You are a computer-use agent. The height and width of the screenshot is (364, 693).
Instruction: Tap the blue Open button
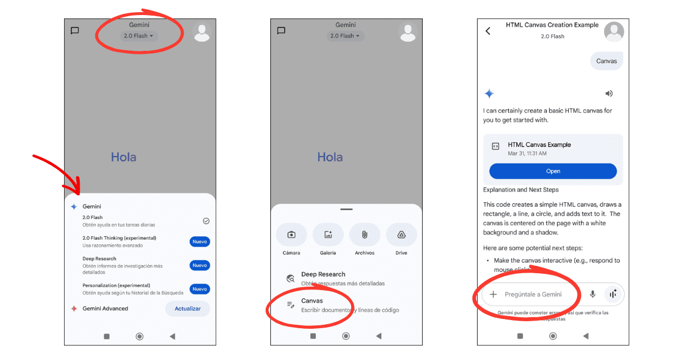pos(553,171)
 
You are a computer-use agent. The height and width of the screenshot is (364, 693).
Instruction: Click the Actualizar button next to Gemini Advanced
pos(188,309)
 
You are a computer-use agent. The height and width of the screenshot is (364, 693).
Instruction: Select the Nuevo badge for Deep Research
pos(200,265)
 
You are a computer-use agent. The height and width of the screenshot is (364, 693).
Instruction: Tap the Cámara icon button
pos(291,235)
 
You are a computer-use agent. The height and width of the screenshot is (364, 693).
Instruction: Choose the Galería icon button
pos(328,235)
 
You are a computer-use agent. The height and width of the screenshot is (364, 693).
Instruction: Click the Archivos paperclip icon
pos(364,235)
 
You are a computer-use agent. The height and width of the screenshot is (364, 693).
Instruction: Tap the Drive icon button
pos(401,235)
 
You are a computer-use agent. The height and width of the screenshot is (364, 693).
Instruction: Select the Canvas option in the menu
pos(312,301)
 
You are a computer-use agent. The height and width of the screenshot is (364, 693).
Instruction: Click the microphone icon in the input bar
pos(593,294)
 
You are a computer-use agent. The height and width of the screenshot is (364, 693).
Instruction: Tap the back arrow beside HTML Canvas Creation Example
pos(488,31)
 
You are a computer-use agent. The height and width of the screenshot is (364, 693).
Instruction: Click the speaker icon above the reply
pos(609,94)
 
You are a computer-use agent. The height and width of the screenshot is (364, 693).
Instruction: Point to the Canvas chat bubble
pos(606,61)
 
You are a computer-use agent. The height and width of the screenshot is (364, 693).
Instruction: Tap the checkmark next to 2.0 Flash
pos(206,221)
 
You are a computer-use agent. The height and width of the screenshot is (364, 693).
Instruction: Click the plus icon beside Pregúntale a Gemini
pos(493,294)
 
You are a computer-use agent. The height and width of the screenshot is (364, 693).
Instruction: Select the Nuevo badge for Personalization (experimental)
pos(200,289)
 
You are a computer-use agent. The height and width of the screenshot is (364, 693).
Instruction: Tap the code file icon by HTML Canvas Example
pos(495,147)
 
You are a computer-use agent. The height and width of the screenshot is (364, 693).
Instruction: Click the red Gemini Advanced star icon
pos(74,309)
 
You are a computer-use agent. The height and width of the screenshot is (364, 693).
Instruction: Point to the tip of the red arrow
pos(79,193)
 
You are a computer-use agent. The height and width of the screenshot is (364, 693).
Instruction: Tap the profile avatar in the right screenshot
pos(614,32)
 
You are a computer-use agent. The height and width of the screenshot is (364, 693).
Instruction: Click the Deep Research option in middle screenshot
pos(323,274)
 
